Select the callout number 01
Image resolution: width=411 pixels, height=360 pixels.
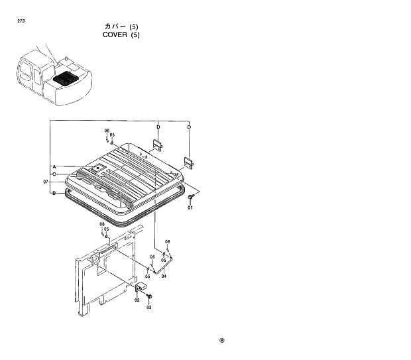tap(190, 208)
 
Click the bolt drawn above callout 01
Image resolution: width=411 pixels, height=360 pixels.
tap(191, 198)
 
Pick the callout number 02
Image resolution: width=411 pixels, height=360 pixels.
tap(137, 300)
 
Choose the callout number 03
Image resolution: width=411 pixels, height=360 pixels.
tap(149, 307)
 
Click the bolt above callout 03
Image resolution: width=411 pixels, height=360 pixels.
tap(149, 295)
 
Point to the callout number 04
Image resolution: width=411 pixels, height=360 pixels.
tap(164, 276)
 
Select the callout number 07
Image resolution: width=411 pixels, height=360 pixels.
tap(46, 182)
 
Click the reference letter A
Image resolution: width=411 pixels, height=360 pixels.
tap(54, 166)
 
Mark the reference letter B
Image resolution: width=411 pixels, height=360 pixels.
tap(54, 193)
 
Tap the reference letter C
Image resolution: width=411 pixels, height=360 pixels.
tap(54, 174)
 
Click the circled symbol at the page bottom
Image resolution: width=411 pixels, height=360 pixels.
tap(222, 341)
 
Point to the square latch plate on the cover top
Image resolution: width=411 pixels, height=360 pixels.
tap(97, 170)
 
